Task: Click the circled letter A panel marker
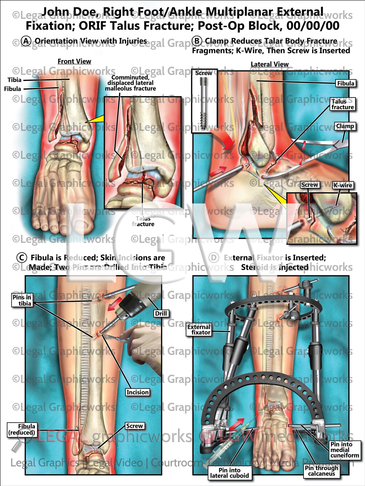[26, 41]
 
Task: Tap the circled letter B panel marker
[197, 41]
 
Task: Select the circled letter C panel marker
[22, 258]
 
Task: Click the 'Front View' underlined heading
[74, 61]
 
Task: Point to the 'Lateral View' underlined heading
[270, 64]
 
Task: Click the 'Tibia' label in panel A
[14, 80]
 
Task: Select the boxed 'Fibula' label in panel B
[346, 83]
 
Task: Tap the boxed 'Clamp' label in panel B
[345, 126]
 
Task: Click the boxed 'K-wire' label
[343, 185]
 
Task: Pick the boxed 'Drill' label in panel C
[161, 313]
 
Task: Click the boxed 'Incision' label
[137, 392]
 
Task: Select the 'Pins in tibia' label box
[22, 300]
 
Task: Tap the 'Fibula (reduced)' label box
[22, 429]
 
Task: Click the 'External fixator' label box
[199, 330]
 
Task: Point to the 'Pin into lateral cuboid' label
[229, 473]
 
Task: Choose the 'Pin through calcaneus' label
[321, 471]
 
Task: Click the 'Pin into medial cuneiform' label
[345, 450]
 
